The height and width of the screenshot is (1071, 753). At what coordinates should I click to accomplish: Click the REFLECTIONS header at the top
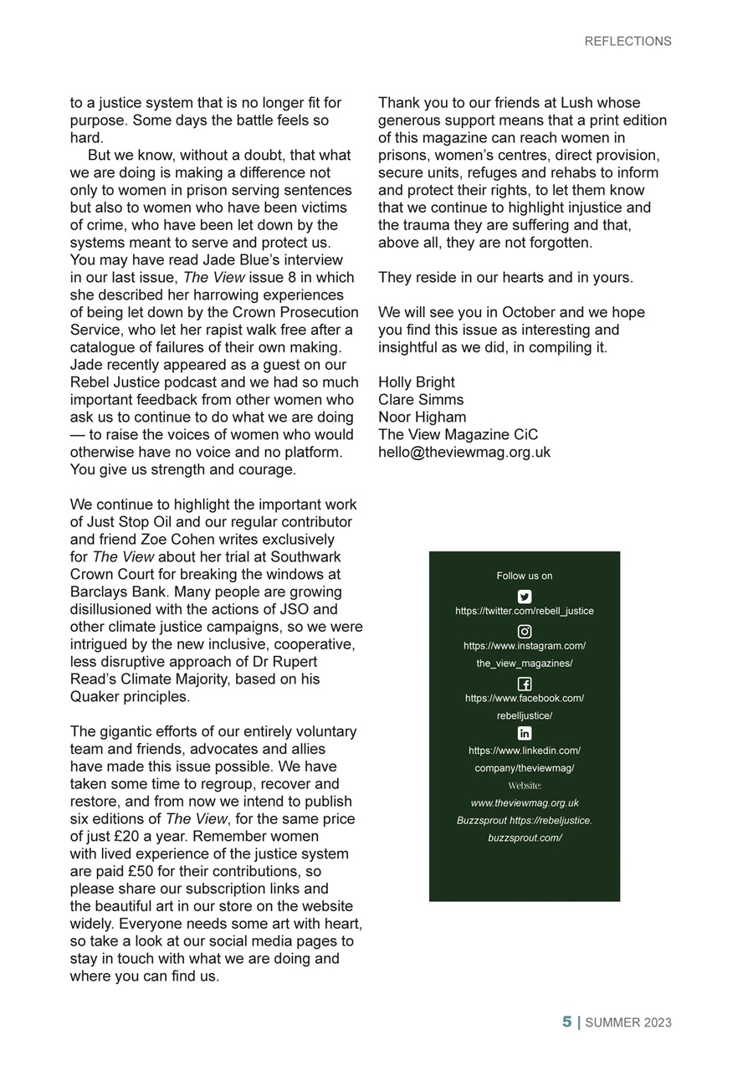pyautogui.click(x=627, y=41)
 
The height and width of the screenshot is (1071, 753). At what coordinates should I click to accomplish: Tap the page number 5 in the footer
pyautogui.click(x=566, y=1022)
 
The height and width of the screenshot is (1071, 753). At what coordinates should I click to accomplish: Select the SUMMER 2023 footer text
pyautogui.click(x=627, y=1022)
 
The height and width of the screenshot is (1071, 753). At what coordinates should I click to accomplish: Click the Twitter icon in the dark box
pyautogui.click(x=525, y=597)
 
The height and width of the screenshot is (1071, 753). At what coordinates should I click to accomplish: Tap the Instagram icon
pyautogui.click(x=525, y=632)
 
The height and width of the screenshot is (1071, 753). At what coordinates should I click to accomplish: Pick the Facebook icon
pyautogui.click(x=525, y=684)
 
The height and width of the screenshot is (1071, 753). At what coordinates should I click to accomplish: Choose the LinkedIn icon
pyautogui.click(x=525, y=734)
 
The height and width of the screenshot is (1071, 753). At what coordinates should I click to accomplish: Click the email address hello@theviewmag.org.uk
pyautogui.click(x=464, y=452)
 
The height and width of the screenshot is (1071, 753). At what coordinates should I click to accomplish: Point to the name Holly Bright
pyautogui.click(x=417, y=382)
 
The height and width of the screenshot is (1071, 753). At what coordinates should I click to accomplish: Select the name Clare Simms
pyautogui.click(x=421, y=400)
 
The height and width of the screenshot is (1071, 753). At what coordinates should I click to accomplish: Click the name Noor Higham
pyautogui.click(x=423, y=417)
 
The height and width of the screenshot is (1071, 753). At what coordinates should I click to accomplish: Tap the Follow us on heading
pyautogui.click(x=525, y=576)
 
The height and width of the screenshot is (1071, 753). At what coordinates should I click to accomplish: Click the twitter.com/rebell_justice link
pyautogui.click(x=525, y=611)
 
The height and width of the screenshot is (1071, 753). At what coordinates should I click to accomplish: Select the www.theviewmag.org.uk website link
pyautogui.click(x=525, y=803)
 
